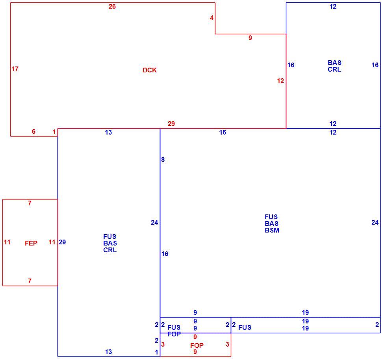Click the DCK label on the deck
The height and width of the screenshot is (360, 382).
(x=149, y=70)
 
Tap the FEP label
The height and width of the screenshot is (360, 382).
(x=31, y=243)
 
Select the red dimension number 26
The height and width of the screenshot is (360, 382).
(x=112, y=7)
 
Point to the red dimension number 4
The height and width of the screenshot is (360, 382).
(x=211, y=18)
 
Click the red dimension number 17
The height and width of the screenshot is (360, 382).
(x=15, y=69)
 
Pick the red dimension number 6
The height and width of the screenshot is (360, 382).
(x=33, y=131)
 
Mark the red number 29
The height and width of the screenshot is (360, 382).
(x=171, y=124)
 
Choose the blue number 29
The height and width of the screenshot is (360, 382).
(x=62, y=242)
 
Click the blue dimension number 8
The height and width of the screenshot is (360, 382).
(x=163, y=159)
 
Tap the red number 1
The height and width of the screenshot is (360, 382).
(x=54, y=132)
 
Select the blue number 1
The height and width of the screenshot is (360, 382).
(x=156, y=352)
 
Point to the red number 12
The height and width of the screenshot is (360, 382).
(x=280, y=81)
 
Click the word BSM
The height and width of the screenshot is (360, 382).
(x=272, y=230)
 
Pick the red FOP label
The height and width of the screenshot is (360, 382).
(x=197, y=345)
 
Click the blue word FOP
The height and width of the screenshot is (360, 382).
(x=174, y=334)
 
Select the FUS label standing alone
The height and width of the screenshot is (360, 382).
(x=245, y=327)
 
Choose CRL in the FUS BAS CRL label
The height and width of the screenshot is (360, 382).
(x=110, y=250)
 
